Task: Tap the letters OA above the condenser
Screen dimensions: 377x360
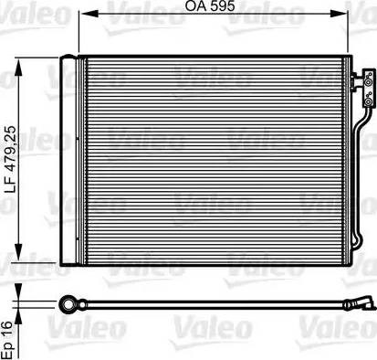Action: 196,6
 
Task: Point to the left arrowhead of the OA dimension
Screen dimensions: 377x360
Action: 89,14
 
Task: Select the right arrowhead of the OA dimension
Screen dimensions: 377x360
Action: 338,14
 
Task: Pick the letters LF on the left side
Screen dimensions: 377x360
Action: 12,186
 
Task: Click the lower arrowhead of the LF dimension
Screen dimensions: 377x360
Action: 18,251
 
